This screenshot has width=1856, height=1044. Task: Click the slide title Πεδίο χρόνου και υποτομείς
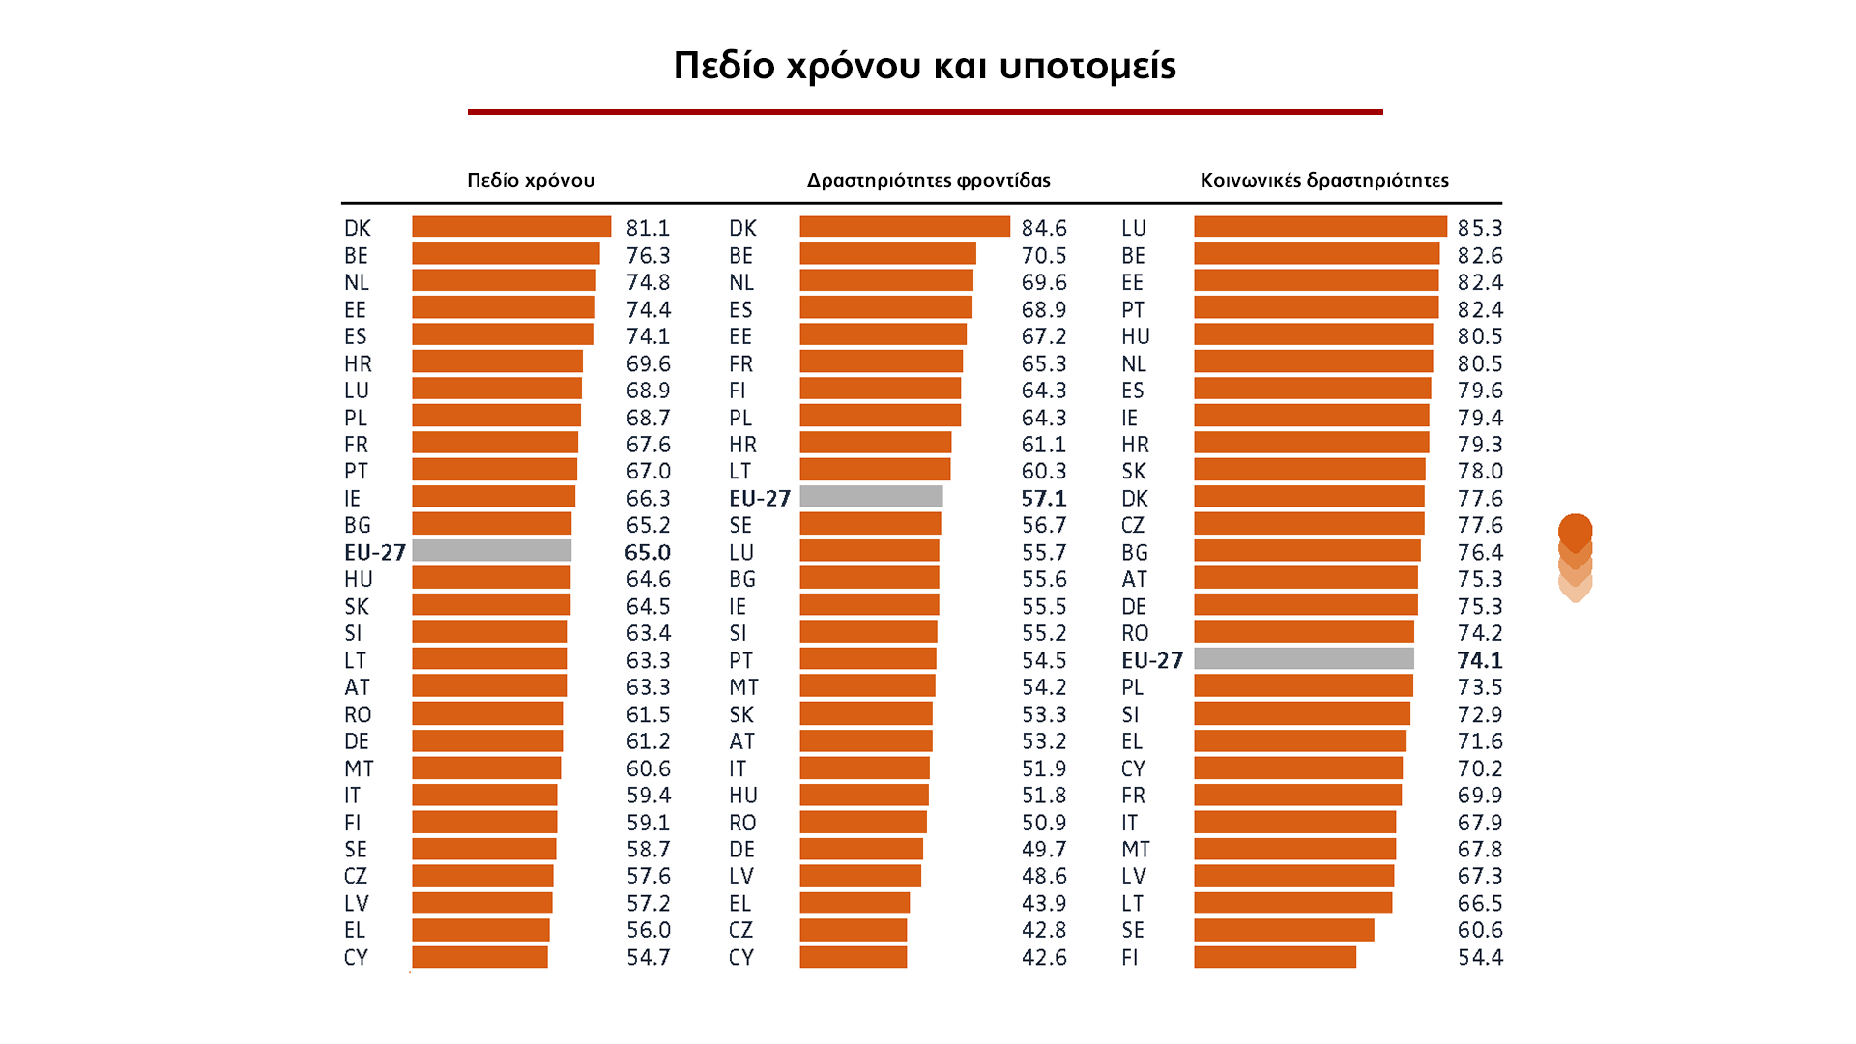(924, 66)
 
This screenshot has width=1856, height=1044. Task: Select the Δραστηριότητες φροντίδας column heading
(928, 180)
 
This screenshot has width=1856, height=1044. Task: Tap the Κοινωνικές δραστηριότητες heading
(1324, 180)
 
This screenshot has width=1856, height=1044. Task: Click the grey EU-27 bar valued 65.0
(491, 551)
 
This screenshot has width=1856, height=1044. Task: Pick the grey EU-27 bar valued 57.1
(871, 497)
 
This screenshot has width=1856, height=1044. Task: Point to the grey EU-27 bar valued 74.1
(1303, 659)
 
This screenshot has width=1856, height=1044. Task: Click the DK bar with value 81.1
(511, 226)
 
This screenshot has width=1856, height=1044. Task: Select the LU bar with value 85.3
(1319, 226)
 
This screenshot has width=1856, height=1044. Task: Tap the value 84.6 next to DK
(1044, 228)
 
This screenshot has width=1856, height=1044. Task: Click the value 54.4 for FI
(1480, 957)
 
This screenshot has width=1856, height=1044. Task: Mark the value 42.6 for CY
(1044, 957)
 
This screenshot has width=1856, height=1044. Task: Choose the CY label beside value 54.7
(356, 957)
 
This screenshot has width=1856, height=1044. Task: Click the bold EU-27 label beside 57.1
(760, 498)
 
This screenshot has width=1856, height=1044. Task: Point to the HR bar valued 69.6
(497, 362)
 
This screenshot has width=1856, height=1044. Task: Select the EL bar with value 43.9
(855, 903)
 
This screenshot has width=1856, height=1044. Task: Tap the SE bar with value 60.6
(1284, 930)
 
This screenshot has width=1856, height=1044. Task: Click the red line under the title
(925, 112)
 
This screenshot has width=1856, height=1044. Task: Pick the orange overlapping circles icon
(1575, 557)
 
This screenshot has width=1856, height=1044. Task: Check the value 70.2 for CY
(1480, 768)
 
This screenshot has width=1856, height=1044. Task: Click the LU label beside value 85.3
(1134, 228)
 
